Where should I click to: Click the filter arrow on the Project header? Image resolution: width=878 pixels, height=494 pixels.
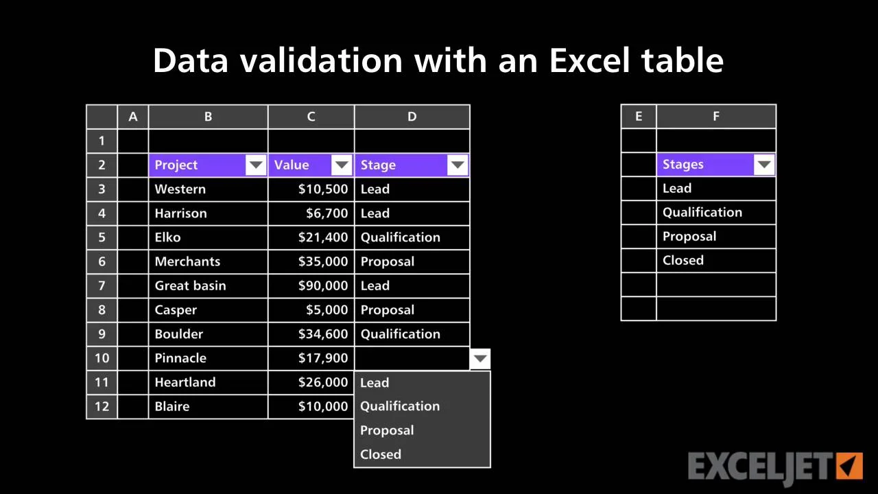(x=256, y=165)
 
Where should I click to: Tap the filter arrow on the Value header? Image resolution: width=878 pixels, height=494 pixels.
(x=342, y=165)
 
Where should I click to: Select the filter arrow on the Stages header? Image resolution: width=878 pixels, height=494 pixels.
(x=764, y=164)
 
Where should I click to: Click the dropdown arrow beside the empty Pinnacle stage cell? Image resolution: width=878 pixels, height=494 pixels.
(x=480, y=358)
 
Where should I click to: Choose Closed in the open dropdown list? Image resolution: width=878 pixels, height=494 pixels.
(x=381, y=454)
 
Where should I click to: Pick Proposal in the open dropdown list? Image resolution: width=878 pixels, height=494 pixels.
(x=387, y=430)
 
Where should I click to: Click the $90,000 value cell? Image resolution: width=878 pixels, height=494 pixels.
(x=311, y=286)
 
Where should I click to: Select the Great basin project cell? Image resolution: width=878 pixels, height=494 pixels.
(x=208, y=286)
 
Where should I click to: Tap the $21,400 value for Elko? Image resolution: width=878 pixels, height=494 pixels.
(x=323, y=237)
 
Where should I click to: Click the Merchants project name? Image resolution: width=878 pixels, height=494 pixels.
(x=187, y=261)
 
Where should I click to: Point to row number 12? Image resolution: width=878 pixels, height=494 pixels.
(x=102, y=406)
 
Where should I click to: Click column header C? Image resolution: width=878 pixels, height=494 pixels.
(x=311, y=117)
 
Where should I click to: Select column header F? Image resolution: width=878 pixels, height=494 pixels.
(x=716, y=116)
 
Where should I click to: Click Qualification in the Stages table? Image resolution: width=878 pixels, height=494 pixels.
(x=702, y=213)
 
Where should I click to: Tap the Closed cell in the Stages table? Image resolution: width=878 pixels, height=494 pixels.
(x=716, y=260)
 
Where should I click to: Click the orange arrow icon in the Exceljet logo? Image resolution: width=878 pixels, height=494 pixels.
(x=849, y=466)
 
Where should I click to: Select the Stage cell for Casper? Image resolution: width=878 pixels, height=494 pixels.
(x=412, y=309)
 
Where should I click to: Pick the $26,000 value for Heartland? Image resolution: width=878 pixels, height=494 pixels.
(x=323, y=382)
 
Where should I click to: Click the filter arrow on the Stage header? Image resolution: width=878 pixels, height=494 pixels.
(x=458, y=165)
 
